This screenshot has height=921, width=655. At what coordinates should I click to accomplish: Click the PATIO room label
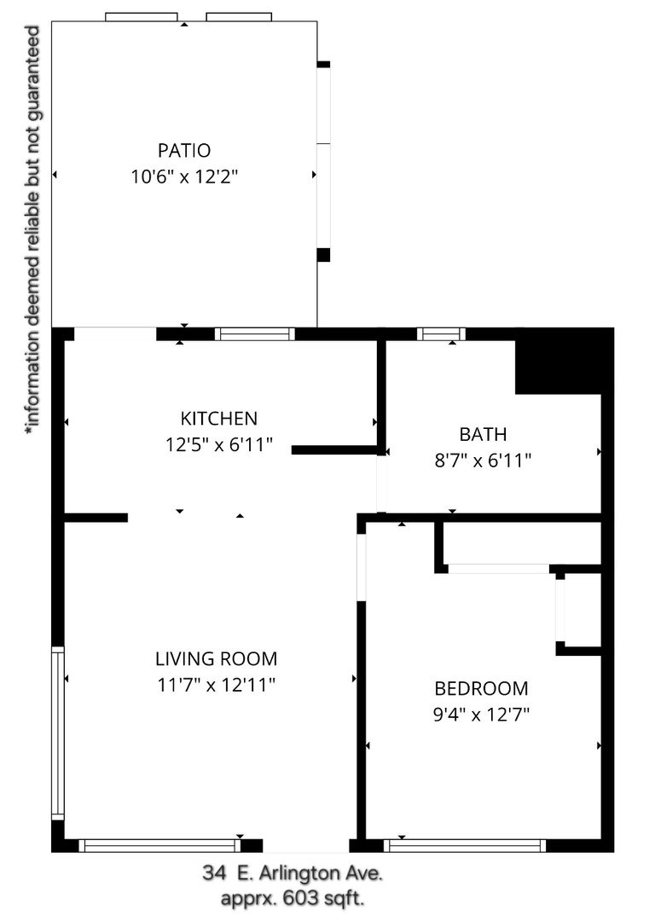point(184,150)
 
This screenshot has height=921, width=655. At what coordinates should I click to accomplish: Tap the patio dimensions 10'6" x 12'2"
point(184,177)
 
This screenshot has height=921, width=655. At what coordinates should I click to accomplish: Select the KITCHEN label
point(218,418)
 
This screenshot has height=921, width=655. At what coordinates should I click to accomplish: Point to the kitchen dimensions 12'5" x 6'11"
point(218,444)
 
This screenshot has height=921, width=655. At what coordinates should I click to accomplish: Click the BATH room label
point(483,434)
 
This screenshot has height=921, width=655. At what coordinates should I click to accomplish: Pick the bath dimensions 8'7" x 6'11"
point(483,460)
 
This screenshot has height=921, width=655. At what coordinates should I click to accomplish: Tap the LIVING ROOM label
point(216,658)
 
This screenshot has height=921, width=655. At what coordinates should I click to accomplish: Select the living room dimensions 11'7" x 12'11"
point(216,685)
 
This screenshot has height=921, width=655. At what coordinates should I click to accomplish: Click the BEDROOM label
point(481,688)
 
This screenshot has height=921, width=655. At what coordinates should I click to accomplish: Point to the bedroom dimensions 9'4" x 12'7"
point(481,715)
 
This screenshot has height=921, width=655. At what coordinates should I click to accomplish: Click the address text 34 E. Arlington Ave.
point(293,873)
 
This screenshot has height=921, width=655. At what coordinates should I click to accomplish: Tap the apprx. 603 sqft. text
point(293,899)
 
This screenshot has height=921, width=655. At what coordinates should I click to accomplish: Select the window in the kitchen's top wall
point(254,334)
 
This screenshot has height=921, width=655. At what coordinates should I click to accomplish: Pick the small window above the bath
point(441,334)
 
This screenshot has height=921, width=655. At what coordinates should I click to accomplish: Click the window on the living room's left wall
point(58,733)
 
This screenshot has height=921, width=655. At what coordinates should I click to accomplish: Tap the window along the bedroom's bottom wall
point(465,845)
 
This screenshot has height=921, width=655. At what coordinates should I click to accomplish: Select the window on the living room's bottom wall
point(159,845)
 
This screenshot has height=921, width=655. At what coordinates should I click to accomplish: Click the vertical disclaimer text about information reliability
point(32,230)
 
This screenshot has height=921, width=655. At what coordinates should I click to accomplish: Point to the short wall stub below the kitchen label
point(335,450)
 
